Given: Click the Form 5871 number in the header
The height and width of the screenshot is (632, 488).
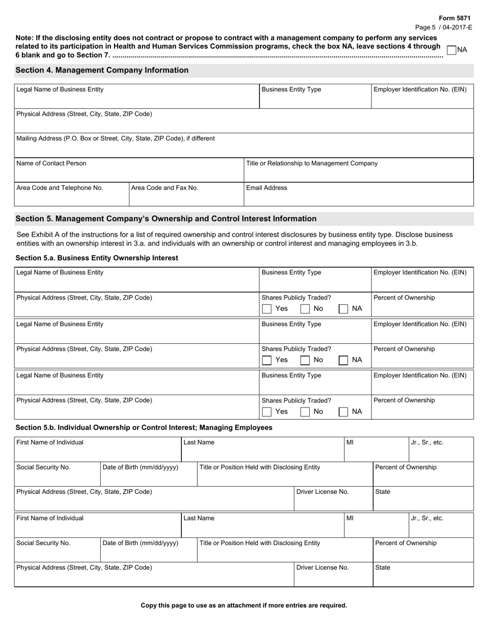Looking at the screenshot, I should click(454, 18).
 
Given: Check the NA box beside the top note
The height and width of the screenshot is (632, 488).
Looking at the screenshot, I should click(452, 50).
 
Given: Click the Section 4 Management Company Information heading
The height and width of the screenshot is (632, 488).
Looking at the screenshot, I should click(102, 70).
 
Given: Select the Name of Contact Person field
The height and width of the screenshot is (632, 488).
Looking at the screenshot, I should click(128, 170).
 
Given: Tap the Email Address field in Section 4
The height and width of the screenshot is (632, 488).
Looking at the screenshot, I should click(358, 194).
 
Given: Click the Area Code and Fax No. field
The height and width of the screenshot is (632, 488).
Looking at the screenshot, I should click(185, 194).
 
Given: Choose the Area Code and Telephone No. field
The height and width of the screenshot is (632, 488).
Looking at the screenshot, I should click(71, 194).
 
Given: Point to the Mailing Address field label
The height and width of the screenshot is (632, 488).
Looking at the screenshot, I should click(116, 139).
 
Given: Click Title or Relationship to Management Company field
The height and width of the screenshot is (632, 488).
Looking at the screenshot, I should click(358, 170).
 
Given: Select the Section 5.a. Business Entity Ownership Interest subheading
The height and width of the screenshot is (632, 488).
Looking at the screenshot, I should click(97, 258).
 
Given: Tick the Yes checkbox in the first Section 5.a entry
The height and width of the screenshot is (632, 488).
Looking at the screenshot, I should click(267, 309).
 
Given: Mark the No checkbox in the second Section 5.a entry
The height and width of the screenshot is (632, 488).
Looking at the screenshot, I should click(305, 360).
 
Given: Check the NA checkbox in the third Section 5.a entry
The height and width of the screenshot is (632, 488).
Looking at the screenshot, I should click(344, 412).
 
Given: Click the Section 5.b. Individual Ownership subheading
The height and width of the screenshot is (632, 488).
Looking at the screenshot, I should click(144, 427).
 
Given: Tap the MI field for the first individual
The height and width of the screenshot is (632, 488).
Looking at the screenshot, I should click(376, 450).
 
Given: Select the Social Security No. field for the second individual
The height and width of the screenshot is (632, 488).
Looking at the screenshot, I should click(57, 550).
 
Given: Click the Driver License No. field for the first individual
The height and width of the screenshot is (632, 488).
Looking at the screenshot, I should click(333, 499).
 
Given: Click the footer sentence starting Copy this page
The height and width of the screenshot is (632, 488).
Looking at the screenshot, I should click(243, 605).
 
